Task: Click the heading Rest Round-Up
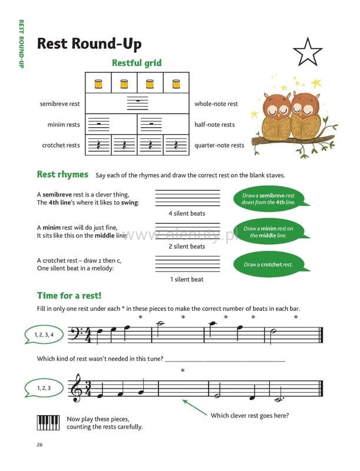point(89,44)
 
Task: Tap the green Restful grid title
point(137,62)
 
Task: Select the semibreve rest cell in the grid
point(137,104)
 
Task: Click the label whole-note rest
point(216,104)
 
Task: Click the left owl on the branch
point(275,115)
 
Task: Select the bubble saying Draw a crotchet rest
point(267,264)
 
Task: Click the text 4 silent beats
point(186,213)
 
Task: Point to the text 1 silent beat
point(186,279)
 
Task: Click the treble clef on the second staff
point(76,389)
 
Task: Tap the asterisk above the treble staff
point(183,370)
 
